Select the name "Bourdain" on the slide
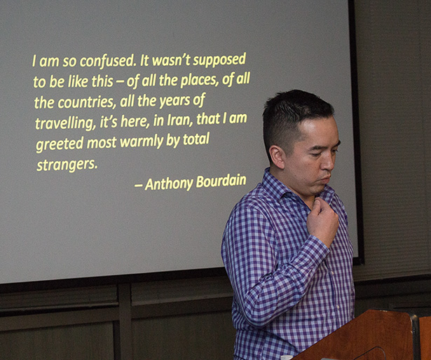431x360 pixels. coord(221,181)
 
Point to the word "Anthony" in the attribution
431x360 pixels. coord(169,184)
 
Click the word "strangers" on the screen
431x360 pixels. coord(67,165)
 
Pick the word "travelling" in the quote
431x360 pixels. coord(65,123)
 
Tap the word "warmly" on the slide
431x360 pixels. coord(142,141)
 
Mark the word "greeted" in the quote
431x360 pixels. coord(60,144)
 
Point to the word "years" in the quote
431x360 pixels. coord(175,101)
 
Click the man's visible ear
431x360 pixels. coord(277,157)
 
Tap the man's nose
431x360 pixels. coord(329,162)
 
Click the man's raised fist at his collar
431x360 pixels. coord(322,220)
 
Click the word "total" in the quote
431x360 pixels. coord(196,139)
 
